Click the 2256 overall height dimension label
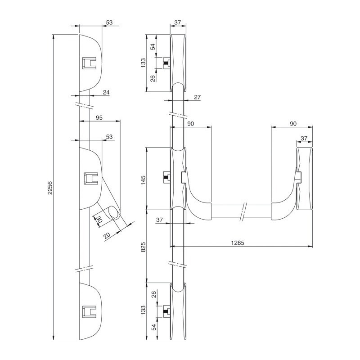(x=50, y=188)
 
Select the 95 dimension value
(x=99, y=118)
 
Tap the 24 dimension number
(x=106, y=92)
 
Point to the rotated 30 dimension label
(x=98, y=219)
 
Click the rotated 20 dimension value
(x=107, y=235)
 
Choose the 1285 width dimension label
(x=238, y=243)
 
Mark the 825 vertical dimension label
(x=143, y=247)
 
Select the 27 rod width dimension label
(x=197, y=97)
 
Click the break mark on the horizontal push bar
(x=243, y=211)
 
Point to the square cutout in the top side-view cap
(x=89, y=63)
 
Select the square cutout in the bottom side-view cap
(x=89, y=311)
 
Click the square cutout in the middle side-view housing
(x=91, y=178)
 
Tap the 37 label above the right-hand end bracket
(x=304, y=139)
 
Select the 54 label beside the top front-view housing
(x=153, y=47)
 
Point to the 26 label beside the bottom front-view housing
(x=153, y=294)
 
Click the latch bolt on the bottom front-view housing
(x=166, y=311)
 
